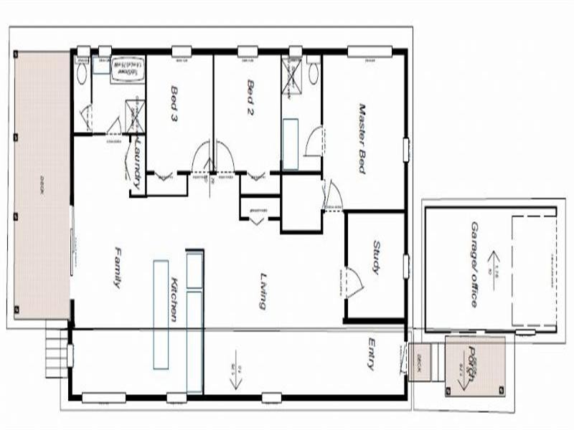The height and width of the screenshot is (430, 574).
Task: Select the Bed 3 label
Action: (174, 102)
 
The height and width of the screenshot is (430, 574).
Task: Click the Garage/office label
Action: (474, 264)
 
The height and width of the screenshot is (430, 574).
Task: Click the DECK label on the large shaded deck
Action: (42, 189)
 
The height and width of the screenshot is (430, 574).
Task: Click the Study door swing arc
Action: (352, 282)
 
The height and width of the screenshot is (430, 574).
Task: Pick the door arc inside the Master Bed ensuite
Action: (313, 143)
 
